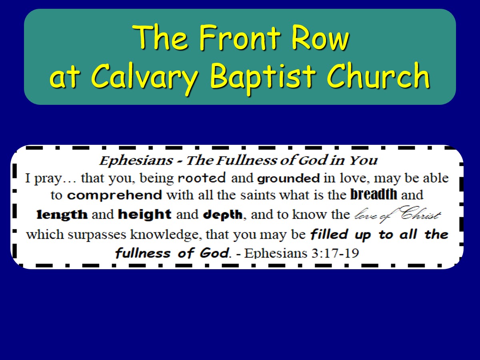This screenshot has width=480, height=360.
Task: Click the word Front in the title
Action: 240,37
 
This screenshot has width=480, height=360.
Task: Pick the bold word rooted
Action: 202,178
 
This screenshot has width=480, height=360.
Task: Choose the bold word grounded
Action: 288,178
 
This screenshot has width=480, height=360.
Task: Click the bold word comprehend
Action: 114,195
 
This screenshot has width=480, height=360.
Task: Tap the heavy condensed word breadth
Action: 374,194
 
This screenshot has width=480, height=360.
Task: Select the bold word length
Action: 62,214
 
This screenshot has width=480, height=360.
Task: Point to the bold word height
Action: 144,214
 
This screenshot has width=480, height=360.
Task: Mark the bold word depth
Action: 223,215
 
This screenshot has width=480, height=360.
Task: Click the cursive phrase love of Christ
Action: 397,214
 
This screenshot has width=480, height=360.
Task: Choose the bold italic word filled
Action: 329,234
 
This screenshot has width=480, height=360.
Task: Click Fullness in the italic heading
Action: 247,160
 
